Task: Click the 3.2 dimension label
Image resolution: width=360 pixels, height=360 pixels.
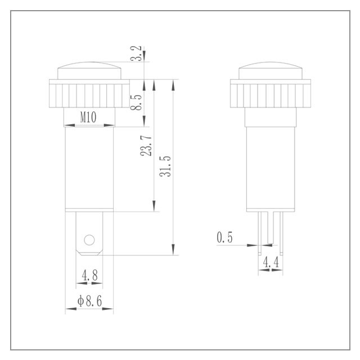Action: (136, 53)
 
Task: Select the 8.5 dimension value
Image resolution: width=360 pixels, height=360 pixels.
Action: (136, 102)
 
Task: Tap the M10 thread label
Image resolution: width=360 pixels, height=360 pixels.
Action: (88, 118)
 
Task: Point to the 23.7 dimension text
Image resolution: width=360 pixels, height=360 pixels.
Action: (146, 146)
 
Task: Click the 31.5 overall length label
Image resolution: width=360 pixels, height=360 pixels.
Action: (165, 166)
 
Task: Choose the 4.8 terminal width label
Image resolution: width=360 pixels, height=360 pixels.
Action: (90, 275)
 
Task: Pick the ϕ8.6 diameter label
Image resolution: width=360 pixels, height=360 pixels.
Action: (89, 301)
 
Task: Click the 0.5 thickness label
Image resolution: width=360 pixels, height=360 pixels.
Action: (224, 237)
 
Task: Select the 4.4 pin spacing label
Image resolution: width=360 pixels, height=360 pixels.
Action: (271, 262)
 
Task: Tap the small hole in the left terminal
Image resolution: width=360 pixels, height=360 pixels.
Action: (89, 240)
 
